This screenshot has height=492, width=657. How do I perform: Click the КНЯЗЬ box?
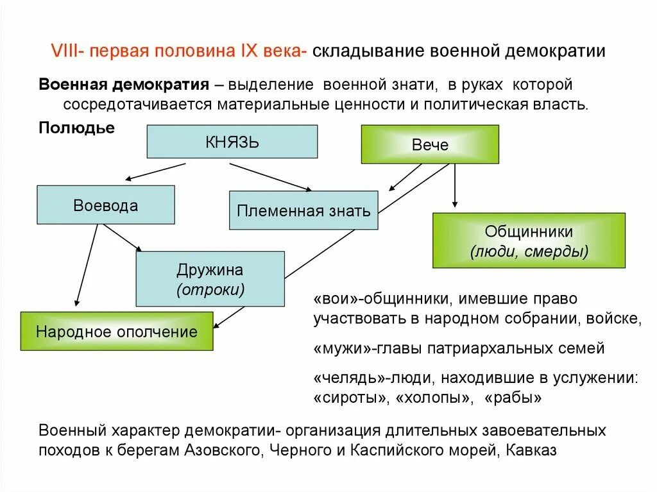(x=232, y=141)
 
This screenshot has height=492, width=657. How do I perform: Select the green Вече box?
(x=430, y=144)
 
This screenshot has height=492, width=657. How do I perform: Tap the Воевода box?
(x=105, y=205)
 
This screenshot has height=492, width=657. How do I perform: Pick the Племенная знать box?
(x=303, y=210)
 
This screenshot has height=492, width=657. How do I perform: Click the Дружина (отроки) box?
(x=210, y=278)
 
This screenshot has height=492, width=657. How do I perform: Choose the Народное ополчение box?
(x=116, y=331)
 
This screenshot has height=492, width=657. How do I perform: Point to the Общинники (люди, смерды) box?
(x=529, y=240)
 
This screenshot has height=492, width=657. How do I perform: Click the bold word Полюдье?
(x=77, y=128)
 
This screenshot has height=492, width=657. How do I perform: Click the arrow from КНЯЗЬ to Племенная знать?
(x=270, y=176)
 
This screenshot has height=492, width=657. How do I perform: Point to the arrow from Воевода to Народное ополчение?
(x=87, y=263)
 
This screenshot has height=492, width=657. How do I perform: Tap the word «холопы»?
(x=431, y=397)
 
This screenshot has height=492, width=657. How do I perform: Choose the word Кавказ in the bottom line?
(x=531, y=450)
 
